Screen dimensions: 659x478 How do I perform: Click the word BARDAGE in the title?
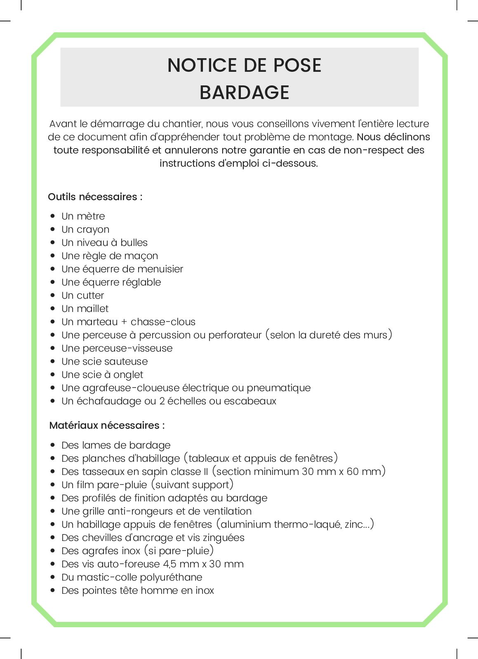point(244,92)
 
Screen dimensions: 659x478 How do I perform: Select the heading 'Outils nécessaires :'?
point(95,197)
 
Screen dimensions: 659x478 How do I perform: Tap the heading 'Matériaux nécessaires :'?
point(107,425)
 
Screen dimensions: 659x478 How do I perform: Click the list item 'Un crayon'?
point(85,229)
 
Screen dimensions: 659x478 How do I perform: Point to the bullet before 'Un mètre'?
point(53,216)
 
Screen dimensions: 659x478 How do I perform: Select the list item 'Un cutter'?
point(82,295)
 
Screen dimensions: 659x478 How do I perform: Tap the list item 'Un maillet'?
point(85,309)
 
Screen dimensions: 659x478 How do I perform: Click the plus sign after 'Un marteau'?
point(124,322)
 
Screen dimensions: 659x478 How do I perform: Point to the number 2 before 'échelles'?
point(162,401)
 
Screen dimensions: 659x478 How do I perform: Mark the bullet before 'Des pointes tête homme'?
point(53,591)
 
